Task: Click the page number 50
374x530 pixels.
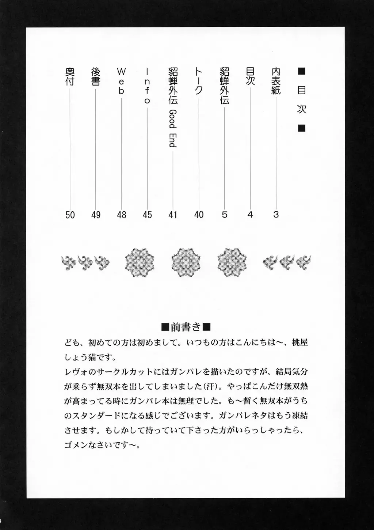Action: [70, 215]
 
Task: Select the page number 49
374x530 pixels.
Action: [96, 215]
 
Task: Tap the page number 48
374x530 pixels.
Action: [122, 215]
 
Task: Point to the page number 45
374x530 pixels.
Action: [147, 215]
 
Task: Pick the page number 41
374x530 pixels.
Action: [173, 215]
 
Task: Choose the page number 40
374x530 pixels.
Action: [199, 215]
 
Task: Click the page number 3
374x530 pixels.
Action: [276, 215]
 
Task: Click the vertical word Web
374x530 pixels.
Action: [121, 81]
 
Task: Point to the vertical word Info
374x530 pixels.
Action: [147, 86]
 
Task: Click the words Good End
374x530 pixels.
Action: [173, 128]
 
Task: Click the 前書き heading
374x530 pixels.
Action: [186, 326]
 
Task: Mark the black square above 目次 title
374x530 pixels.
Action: [302, 71]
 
